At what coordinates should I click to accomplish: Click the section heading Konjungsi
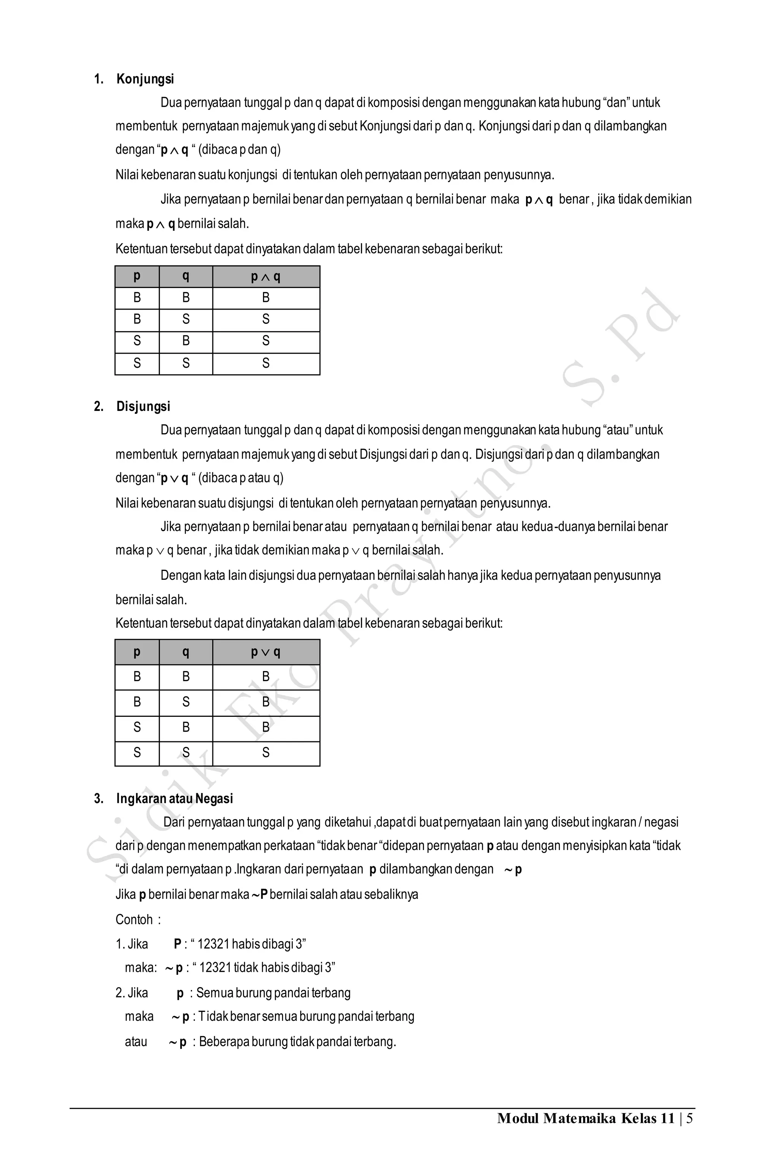pyautogui.click(x=145, y=79)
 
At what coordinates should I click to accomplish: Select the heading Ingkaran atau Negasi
pyautogui.click(x=174, y=798)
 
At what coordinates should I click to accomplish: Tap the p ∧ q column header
pyautogui.click(x=266, y=277)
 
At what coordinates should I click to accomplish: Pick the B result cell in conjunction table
pyautogui.click(x=266, y=298)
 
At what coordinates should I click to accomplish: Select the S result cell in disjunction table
pyautogui.click(x=266, y=752)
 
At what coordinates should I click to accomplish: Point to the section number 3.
pyautogui.click(x=98, y=798)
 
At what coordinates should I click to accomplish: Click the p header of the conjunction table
pyautogui.click(x=137, y=277)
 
